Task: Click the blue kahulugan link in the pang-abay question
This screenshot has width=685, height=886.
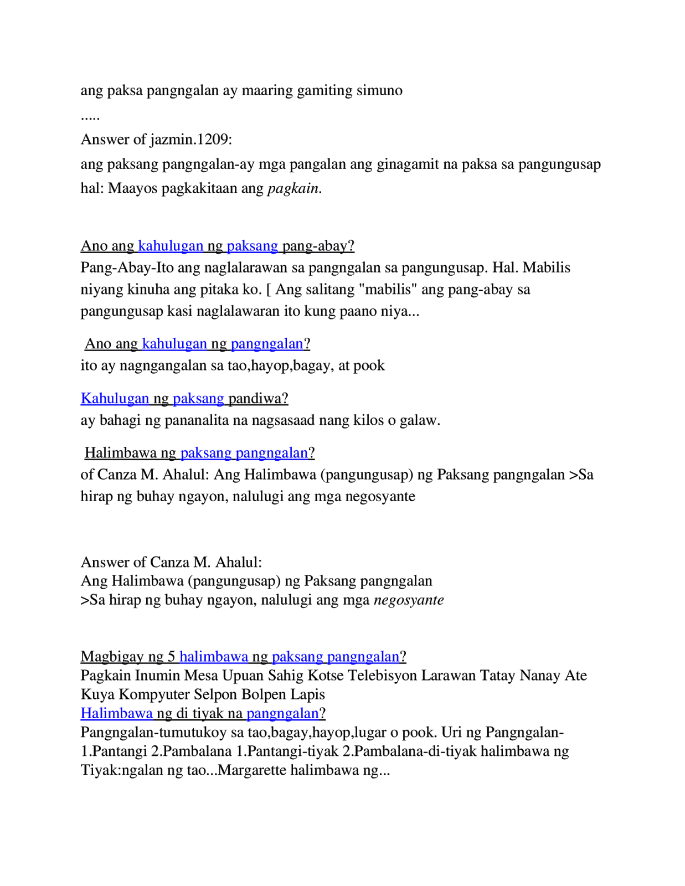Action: pos(171,245)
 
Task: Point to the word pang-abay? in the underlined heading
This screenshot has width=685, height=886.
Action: pos(318,245)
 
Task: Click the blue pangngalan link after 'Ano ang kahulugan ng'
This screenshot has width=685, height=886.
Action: pos(267,343)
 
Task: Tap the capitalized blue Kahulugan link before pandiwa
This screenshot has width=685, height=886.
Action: pos(115,398)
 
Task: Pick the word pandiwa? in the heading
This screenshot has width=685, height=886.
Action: pos(258,398)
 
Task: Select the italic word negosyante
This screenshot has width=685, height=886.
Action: pos(409,600)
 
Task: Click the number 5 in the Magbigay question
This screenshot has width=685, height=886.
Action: pos(172,656)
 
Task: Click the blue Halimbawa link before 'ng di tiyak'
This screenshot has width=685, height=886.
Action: pos(116,713)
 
